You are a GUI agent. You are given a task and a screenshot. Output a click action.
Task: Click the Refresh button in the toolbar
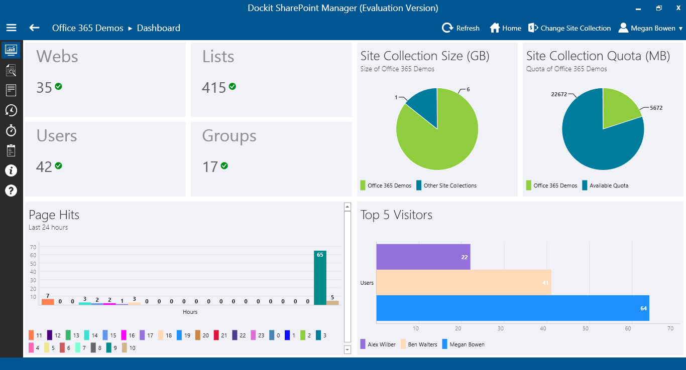(x=461, y=28)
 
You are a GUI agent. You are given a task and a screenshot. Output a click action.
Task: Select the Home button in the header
(x=505, y=28)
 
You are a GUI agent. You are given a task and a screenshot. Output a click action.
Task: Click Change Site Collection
(x=569, y=28)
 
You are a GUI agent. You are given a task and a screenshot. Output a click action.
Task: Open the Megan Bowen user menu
(x=650, y=28)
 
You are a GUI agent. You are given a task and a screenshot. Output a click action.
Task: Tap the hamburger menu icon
(x=11, y=28)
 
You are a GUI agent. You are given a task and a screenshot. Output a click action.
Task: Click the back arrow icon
(x=34, y=28)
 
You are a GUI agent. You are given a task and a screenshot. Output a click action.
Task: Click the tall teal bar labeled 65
(x=320, y=278)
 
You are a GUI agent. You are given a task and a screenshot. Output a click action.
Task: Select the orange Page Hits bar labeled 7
(x=48, y=302)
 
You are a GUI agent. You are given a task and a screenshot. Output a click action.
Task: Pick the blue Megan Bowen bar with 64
(x=512, y=308)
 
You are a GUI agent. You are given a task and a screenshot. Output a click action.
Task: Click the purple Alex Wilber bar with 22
(x=423, y=257)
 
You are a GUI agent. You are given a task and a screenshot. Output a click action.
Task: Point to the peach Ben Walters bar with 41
(x=463, y=282)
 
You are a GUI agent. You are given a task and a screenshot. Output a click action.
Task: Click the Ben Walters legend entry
(x=418, y=344)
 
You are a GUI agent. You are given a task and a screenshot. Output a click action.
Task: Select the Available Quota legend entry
(x=605, y=186)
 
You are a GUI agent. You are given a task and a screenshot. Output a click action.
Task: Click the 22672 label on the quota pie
(x=559, y=94)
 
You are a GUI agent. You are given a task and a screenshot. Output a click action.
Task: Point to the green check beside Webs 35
(x=58, y=87)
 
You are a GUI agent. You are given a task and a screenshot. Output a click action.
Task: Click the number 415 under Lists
(x=214, y=88)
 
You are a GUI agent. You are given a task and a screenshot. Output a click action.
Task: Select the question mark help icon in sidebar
(x=11, y=191)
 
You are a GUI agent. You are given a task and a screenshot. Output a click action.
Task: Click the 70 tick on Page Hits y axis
(x=33, y=247)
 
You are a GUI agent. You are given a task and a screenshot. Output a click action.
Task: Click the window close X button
(x=678, y=8)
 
